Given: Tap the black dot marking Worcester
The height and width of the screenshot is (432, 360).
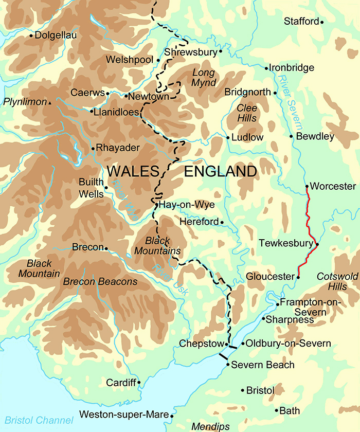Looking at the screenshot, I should click(307, 186).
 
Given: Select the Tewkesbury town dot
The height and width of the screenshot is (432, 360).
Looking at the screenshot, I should click(317, 244).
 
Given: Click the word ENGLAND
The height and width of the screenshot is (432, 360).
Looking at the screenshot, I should click(220, 171).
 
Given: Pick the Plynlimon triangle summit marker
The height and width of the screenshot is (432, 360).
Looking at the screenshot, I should click(50, 103).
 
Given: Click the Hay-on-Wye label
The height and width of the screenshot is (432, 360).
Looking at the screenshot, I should click(186, 205).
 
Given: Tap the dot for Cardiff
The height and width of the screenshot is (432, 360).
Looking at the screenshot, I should click(139, 383).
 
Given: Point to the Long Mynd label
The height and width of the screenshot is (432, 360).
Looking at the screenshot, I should click(203, 77).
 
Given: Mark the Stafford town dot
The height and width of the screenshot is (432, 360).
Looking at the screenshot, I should click(322, 22).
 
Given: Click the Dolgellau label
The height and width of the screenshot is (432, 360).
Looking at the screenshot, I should click(56, 35).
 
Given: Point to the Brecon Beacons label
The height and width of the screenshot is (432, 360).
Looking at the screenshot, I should click(100, 282).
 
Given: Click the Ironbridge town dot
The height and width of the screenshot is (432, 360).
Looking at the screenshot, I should click(266, 68).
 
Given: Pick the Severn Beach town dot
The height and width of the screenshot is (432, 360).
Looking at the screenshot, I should click(227, 365).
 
